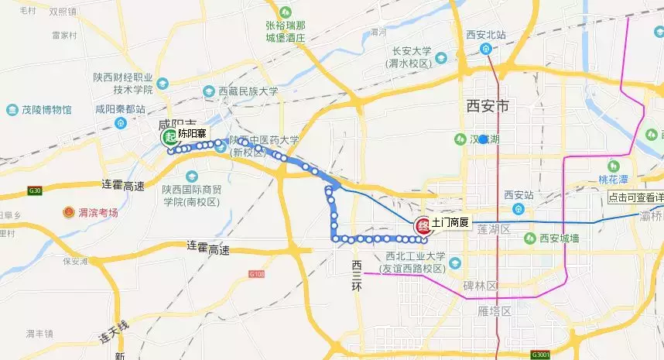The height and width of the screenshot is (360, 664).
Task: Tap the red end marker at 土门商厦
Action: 423,226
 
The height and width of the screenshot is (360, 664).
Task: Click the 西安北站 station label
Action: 486,35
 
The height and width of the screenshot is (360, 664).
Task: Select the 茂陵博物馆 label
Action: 46,110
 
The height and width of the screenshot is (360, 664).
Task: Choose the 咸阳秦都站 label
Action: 121,110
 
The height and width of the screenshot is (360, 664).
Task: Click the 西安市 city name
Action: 488,106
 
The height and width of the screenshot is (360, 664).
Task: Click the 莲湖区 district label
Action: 494,230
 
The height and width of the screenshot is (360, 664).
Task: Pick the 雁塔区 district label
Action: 495,311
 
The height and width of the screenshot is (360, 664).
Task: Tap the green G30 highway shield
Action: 34,190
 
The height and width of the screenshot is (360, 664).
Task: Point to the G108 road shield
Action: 257,273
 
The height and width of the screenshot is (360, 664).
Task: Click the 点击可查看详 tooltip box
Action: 635,197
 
